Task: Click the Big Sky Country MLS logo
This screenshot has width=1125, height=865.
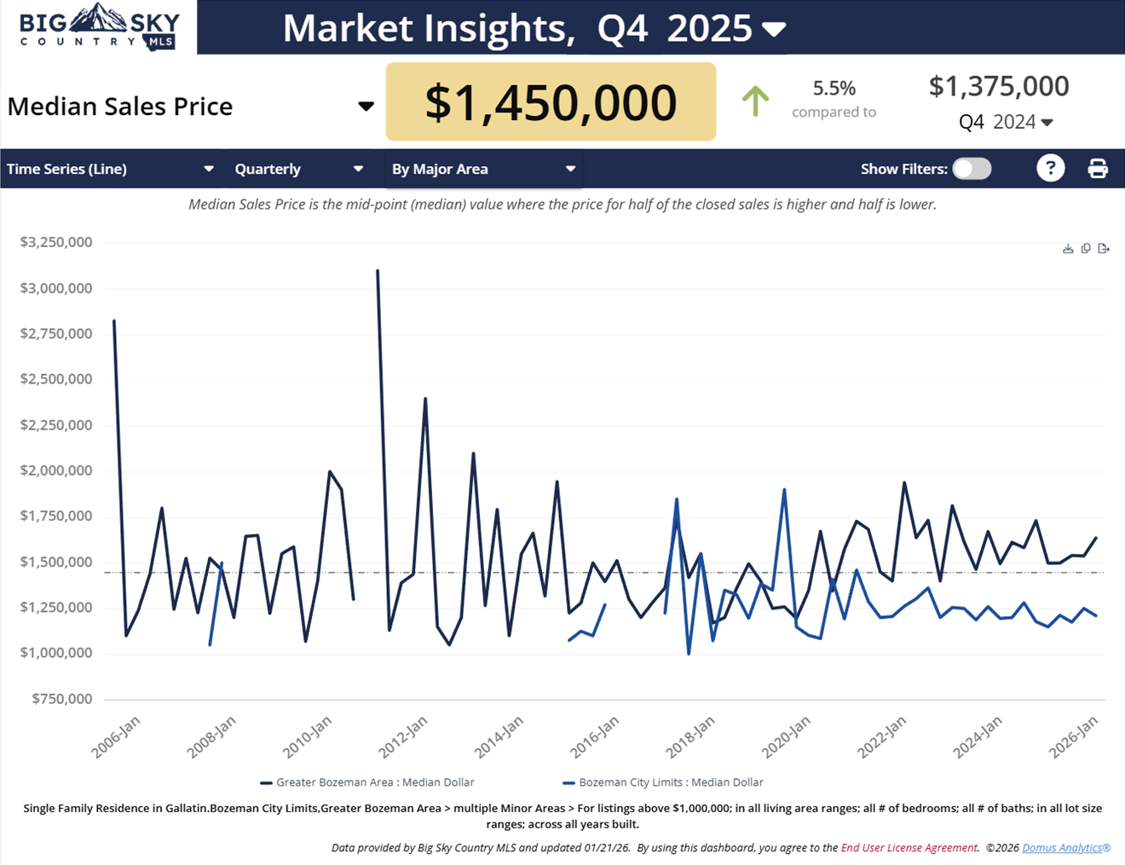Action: [x=99, y=28]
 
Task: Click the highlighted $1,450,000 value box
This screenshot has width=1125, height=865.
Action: [x=551, y=102]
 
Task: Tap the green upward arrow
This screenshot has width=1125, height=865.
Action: [x=755, y=101]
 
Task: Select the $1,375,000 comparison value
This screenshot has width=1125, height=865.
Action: [x=998, y=86]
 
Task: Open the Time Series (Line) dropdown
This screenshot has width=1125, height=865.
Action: [x=110, y=169]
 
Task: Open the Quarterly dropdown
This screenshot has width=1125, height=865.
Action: [x=298, y=169]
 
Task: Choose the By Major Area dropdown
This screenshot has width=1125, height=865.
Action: [x=483, y=169]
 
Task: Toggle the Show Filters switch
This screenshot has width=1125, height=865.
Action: [x=972, y=169]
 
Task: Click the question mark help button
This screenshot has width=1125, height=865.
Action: [x=1050, y=168]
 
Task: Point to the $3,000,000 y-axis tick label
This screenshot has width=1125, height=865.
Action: [x=56, y=288]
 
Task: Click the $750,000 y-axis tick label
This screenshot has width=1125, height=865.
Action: [x=61, y=699]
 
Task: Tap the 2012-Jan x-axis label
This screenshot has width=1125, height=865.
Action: [x=403, y=736]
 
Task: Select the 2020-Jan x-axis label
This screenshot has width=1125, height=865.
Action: [x=786, y=736]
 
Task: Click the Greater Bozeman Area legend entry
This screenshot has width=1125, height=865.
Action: [x=367, y=782]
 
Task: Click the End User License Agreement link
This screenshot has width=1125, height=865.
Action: [x=909, y=848]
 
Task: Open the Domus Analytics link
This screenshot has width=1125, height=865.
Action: [x=1065, y=848]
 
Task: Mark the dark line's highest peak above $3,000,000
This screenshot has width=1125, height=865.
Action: [x=378, y=271]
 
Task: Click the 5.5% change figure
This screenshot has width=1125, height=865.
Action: [x=834, y=88]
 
